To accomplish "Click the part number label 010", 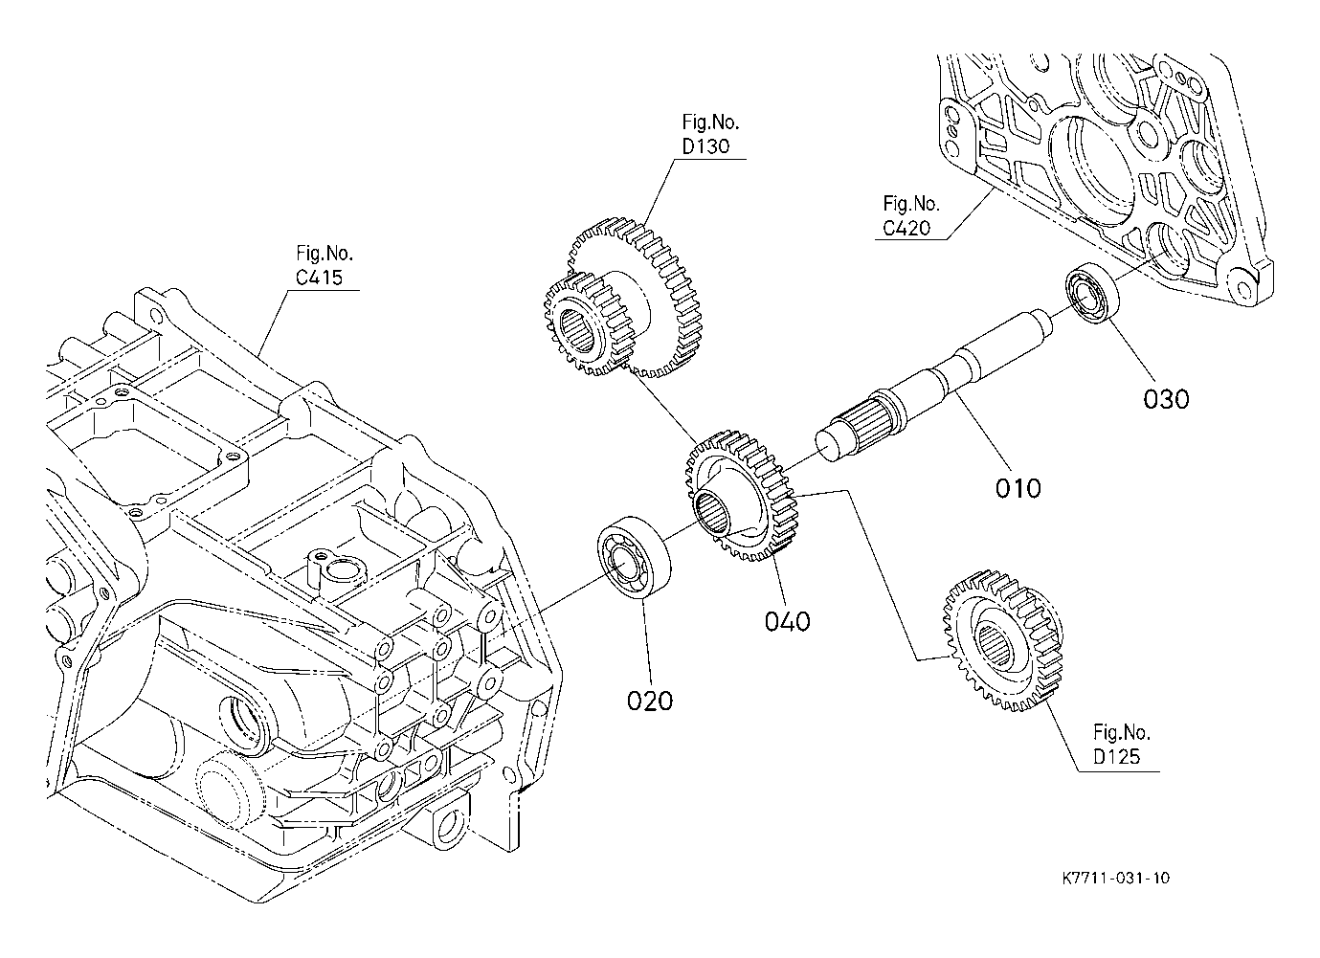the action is pos(1018,488).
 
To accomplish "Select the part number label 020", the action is pos(649,702).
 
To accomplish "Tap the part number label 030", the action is pos(1166,399).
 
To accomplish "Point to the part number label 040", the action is pos(787,621).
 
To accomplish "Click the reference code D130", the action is pos(705,146).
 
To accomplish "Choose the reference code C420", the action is pos(906,228).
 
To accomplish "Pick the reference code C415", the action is pos(319,278).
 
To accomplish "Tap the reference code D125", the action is pos(1117,756).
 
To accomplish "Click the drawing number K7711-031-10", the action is pos(1116,895).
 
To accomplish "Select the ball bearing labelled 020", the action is pos(635,557).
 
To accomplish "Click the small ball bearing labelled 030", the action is pos(1092,293).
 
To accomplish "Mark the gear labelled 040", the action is pos(742,496).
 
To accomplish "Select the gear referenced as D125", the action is pos(1003,640).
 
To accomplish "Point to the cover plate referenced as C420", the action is pos(1102,177).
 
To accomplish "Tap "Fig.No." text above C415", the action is pos(324,254).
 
